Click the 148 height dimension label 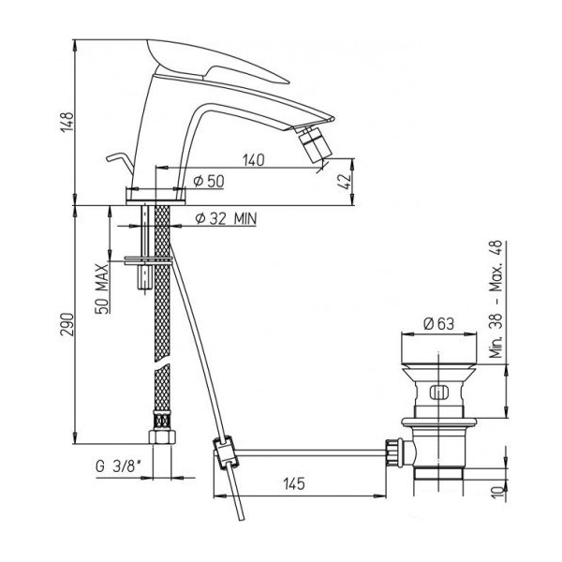coord(67,122)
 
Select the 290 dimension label coord(67,325)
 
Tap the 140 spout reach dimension coord(254,160)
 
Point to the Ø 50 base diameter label coord(209,181)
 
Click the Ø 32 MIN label coord(226,218)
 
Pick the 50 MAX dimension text coord(102,288)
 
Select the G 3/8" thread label coord(118,466)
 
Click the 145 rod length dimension coord(294,484)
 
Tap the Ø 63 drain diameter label coord(438,324)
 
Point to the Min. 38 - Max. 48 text coord(497,300)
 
